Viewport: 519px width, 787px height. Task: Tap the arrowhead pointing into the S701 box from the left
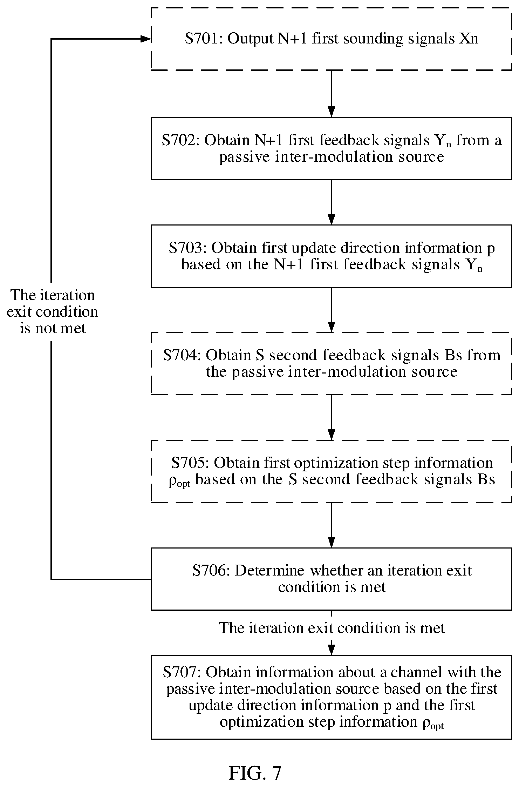coord(146,39)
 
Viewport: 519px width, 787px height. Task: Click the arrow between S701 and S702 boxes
coord(331,94)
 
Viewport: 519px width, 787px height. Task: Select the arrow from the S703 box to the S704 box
coord(331,310)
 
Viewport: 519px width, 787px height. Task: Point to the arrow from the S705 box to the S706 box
coord(331,525)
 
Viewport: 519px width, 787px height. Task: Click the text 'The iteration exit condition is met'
coord(332,628)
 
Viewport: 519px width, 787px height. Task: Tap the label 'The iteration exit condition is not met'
coord(52,312)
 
